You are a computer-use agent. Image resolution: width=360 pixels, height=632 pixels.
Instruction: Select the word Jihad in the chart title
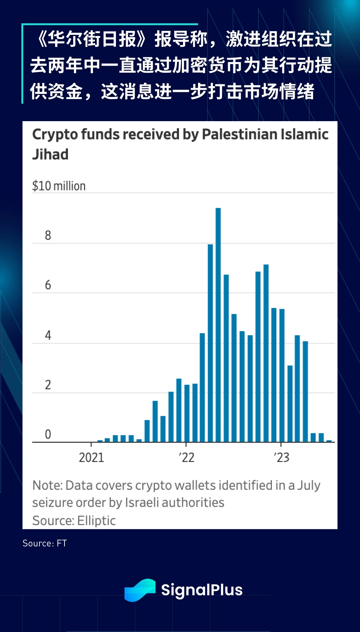tap(50, 155)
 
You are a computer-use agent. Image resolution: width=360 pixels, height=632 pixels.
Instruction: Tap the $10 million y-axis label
tap(59, 186)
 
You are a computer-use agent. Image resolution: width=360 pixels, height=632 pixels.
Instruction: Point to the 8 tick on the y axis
tap(48, 236)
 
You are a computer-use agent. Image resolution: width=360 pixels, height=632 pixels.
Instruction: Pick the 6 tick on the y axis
tap(48, 285)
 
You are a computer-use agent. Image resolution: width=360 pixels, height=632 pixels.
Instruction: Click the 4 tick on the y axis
tap(48, 335)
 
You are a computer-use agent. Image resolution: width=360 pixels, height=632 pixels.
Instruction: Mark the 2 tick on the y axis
tap(48, 385)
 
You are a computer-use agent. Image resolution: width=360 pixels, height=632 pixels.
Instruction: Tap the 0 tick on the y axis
tap(48, 434)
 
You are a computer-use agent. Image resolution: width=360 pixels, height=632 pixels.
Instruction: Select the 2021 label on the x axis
tap(91, 458)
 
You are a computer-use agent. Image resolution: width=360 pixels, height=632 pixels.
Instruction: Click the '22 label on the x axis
tap(186, 458)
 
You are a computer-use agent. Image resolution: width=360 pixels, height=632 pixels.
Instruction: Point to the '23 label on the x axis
tap(281, 458)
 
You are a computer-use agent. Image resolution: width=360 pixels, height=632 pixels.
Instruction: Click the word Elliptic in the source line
tap(97, 521)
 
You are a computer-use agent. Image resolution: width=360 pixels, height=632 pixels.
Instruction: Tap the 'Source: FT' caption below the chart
tap(45, 543)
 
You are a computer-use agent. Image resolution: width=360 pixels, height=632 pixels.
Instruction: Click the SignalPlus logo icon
tap(140, 590)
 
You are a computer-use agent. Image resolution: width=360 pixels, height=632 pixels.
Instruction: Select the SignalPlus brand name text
tap(202, 590)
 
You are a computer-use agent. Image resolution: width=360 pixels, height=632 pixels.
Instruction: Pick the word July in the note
tap(309, 486)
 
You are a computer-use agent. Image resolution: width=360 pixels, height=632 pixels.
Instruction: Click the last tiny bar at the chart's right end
tap(329, 441)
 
